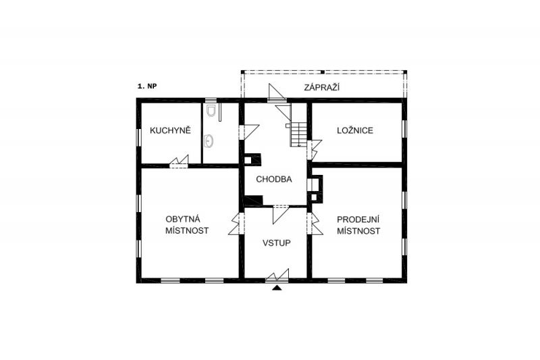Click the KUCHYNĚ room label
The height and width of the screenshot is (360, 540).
pyautogui.click(x=170, y=130)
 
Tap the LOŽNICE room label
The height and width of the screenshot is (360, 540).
pyautogui.click(x=355, y=130)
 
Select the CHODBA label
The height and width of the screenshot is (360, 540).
pyautogui.click(x=274, y=179)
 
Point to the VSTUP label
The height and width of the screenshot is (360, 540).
pyautogui.click(x=277, y=243)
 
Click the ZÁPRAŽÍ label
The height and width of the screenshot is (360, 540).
pyautogui.click(x=322, y=87)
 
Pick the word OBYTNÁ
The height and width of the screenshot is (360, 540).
pyautogui.click(x=183, y=219)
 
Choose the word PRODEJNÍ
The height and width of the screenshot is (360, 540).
pyautogui.click(x=358, y=220)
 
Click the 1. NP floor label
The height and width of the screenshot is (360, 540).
pyautogui.click(x=147, y=86)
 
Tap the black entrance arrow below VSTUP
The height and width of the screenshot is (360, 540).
pyautogui.click(x=277, y=288)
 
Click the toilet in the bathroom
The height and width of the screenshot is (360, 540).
pyautogui.click(x=211, y=110)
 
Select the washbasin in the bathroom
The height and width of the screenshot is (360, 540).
pyautogui.click(x=209, y=141)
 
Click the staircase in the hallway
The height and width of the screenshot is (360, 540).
pyautogui.click(x=298, y=134)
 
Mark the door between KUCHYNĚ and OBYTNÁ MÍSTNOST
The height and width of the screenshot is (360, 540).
pyautogui.click(x=179, y=162)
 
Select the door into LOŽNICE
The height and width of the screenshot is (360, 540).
pyautogui.click(x=314, y=150)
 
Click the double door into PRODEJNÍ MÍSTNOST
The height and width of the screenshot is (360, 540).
pyautogui.click(x=315, y=224)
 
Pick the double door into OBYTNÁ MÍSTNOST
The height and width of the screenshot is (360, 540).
pyautogui.click(x=236, y=224)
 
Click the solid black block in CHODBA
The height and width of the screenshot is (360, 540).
pyautogui.click(x=254, y=200)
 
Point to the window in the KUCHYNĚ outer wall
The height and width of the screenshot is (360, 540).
pyautogui.click(x=139, y=136)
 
